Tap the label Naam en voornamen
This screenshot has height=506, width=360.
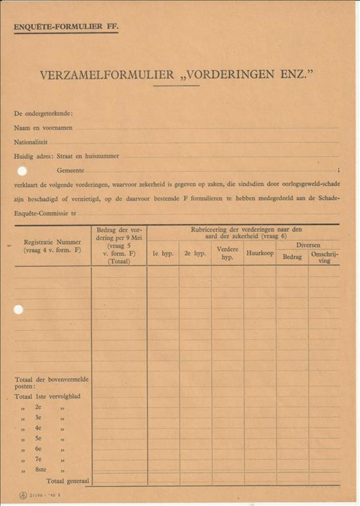[43, 128]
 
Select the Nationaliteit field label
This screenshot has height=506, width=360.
[31, 142]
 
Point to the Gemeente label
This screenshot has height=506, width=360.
[71, 171]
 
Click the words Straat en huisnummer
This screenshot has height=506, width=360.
[88, 156]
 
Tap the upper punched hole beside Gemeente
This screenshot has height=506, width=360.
[22, 171]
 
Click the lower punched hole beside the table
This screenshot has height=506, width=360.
[18, 310]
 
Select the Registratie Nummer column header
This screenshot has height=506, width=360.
[52, 246]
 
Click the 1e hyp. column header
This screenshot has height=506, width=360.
[163, 254]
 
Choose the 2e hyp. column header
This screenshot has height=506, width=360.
[195, 254]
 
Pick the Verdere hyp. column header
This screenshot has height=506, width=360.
[228, 253]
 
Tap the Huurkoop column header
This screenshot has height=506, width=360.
[260, 254]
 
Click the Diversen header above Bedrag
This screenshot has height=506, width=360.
[308, 245]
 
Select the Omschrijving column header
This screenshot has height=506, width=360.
[325, 257]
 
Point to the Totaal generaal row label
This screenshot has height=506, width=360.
[68, 481]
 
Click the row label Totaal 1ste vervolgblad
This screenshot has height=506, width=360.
[47, 396]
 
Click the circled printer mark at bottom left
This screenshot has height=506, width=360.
[23, 495]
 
